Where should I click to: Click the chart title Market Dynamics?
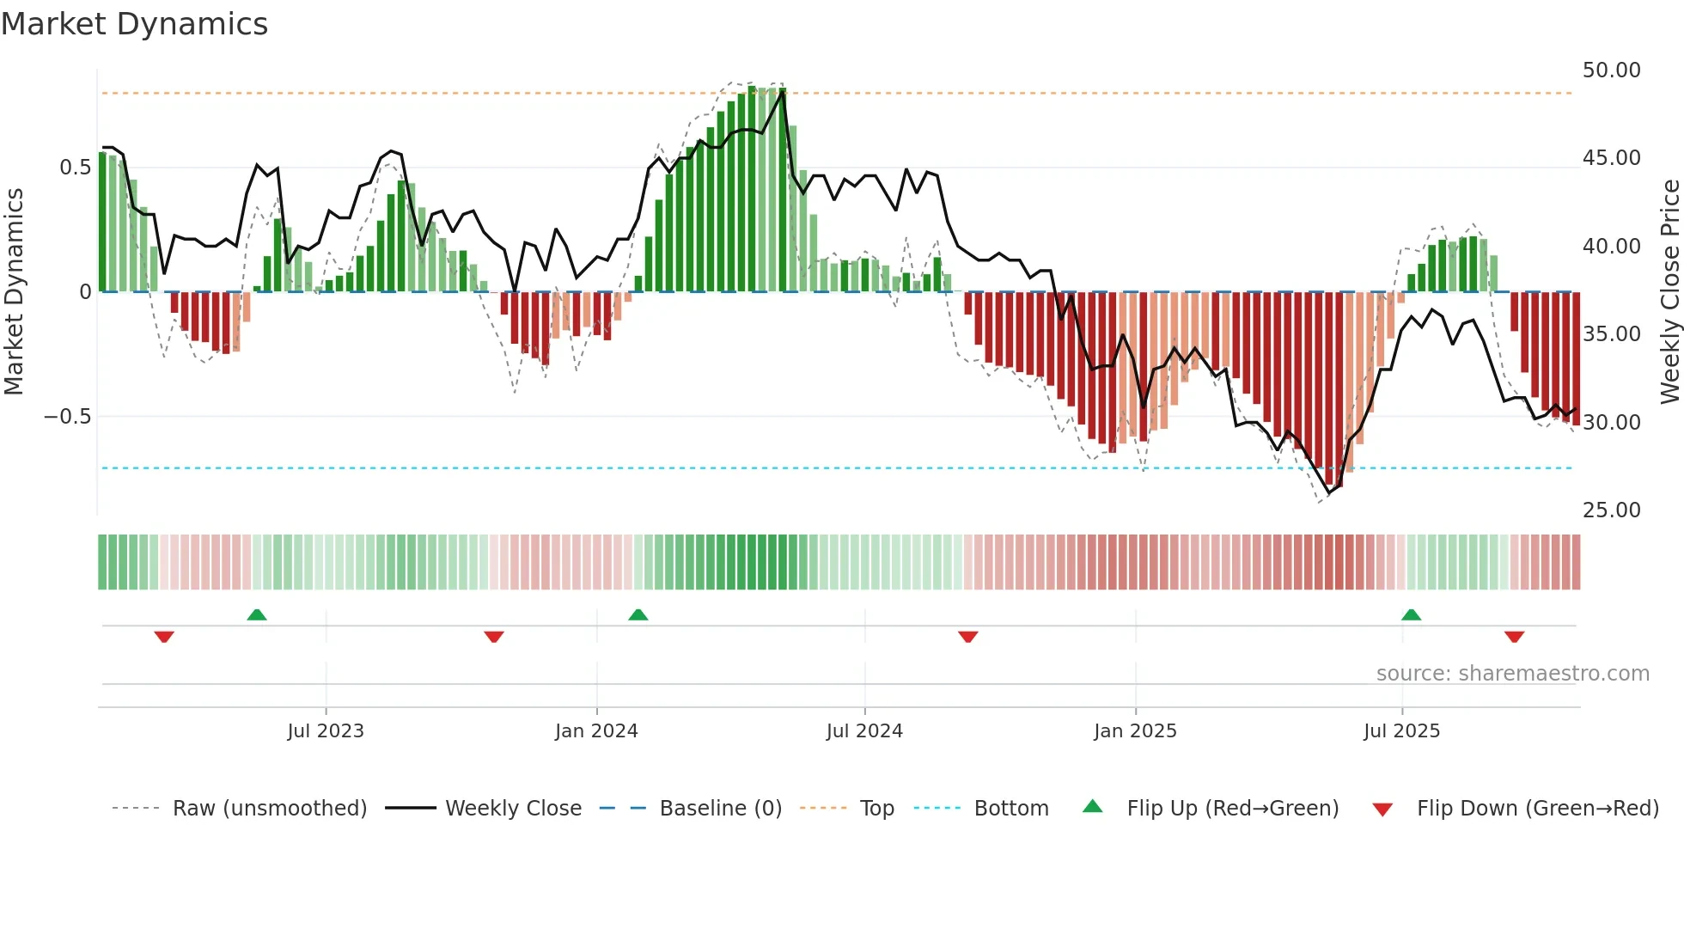point(134,24)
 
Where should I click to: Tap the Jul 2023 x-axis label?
point(326,731)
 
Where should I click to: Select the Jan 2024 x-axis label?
point(596,731)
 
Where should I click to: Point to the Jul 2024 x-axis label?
point(864,731)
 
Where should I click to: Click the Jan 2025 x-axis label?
point(1135,731)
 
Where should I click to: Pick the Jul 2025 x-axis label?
point(1401,731)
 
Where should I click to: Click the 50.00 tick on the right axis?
point(1611,70)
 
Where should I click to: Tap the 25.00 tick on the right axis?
point(1611,510)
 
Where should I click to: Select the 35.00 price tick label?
point(1611,334)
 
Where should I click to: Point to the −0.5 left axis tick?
point(67,417)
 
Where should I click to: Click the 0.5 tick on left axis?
point(75,168)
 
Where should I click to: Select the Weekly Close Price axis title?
point(1669,291)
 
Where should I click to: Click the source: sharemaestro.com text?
point(1512,674)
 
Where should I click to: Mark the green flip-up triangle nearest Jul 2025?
point(1411,614)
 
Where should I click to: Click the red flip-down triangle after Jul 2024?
point(967,637)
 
